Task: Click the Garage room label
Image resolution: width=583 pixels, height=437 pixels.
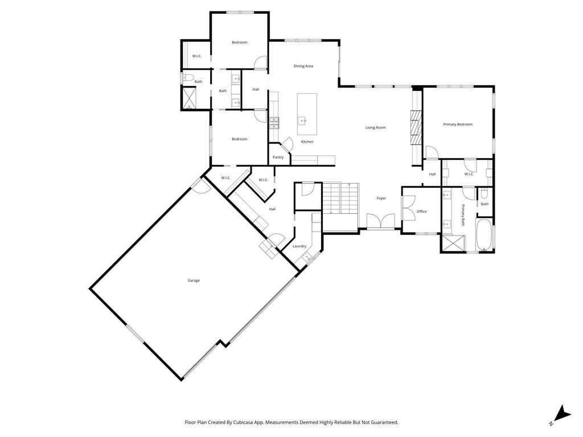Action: coord(194,281)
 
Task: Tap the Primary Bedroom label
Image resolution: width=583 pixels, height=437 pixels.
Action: coord(458,125)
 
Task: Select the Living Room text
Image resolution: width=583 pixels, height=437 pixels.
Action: coord(376,127)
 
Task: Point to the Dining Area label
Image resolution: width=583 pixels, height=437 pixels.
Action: coord(303,66)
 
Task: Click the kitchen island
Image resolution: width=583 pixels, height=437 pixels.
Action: coord(307,114)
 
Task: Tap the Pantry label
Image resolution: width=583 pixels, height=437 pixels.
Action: coord(278,157)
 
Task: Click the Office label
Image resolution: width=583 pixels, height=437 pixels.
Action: coord(422,212)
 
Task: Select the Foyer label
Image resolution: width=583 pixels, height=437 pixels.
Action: coord(381,199)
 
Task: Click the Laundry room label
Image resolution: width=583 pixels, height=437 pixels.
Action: coord(299,246)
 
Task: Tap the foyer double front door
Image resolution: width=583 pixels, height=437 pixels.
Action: coord(380,221)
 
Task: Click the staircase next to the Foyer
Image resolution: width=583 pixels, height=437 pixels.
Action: coord(340,198)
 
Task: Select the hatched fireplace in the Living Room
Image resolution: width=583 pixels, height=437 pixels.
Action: coord(416,127)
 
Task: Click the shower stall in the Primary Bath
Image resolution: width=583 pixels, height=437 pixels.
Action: coord(453,244)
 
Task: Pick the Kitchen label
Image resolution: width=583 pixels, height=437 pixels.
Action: coord(307,142)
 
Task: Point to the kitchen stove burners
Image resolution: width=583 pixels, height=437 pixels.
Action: coord(274,123)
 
